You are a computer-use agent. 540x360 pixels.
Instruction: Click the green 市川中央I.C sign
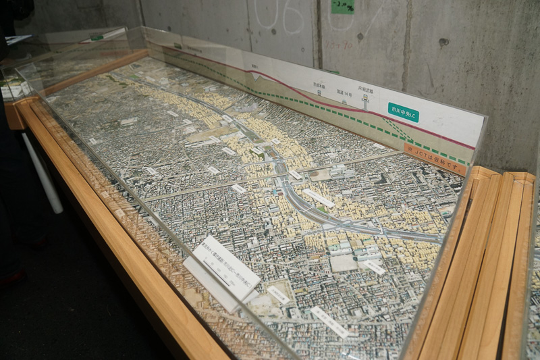[x=403, y=112]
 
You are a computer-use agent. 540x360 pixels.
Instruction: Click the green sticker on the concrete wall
[x=343, y=6]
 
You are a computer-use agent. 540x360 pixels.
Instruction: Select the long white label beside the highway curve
[x=319, y=198]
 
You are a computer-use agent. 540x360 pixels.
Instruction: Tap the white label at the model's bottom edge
[x=329, y=322]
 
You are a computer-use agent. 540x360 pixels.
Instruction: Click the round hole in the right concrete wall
[x=443, y=41]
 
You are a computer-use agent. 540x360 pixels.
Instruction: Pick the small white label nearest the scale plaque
[x=277, y=294]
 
